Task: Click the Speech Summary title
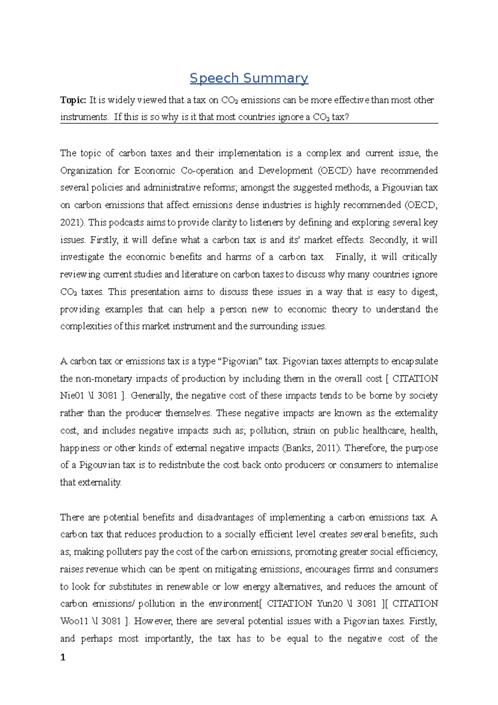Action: (x=249, y=78)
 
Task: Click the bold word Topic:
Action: (x=73, y=100)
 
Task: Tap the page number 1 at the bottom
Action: (x=63, y=657)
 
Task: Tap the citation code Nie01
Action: (x=72, y=396)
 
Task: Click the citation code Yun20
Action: (x=330, y=604)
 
